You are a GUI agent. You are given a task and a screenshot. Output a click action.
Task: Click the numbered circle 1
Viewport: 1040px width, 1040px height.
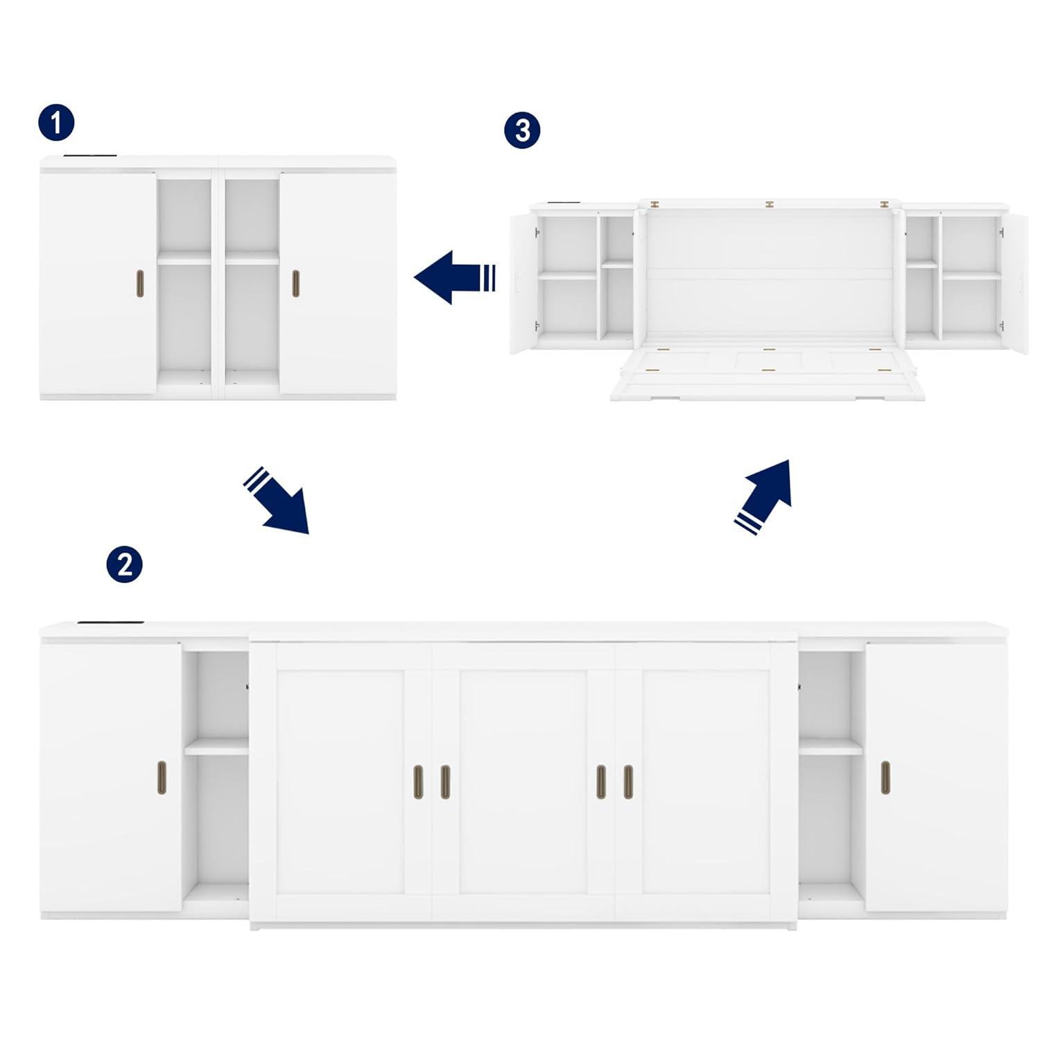[x=56, y=123]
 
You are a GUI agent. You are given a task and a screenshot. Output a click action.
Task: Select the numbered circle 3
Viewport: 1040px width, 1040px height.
[x=522, y=130]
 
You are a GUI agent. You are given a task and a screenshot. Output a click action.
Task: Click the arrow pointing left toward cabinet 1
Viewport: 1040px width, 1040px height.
[x=454, y=277]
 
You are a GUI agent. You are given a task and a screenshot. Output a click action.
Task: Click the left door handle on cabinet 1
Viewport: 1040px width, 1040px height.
[x=138, y=283]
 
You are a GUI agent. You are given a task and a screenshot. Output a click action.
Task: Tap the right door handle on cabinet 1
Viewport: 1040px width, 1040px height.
[x=296, y=283]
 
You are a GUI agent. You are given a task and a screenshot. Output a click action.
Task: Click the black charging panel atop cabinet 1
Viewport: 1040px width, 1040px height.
[x=90, y=156]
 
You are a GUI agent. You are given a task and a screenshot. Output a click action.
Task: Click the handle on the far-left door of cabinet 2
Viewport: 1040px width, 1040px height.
[x=162, y=777]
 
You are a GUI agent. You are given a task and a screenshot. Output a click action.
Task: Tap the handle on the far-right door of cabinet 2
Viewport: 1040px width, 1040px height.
[x=885, y=777]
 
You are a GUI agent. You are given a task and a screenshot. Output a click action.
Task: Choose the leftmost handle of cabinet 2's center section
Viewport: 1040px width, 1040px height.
[x=418, y=782]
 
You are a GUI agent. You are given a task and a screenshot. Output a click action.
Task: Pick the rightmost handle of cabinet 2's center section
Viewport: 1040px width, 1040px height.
[x=628, y=782]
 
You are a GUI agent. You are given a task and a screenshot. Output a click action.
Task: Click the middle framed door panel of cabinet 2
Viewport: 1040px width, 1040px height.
[x=523, y=780]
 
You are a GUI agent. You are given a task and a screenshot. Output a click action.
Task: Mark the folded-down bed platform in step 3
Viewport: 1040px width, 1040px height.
[x=766, y=374]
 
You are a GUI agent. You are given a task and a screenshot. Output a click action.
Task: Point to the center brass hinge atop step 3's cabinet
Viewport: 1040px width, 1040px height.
[x=768, y=205]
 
